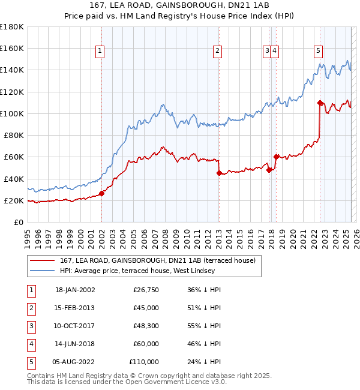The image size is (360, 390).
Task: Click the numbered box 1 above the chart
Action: [x=100, y=52]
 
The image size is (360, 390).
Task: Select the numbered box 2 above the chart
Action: [x=217, y=52]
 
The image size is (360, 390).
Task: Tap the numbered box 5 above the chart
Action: [x=318, y=52]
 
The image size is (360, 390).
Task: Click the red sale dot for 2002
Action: [x=102, y=193]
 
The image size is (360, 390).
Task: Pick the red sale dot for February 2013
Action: [x=219, y=173]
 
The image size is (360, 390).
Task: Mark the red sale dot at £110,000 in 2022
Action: [x=320, y=102]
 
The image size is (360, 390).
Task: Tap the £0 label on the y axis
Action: [x=18, y=223]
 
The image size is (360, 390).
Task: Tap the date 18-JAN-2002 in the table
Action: [x=75, y=290]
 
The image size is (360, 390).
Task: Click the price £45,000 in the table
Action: [x=146, y=308]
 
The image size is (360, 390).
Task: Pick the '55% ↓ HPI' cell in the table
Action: [x=204, y=326]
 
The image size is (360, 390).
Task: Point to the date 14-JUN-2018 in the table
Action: [x=75, y=344]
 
